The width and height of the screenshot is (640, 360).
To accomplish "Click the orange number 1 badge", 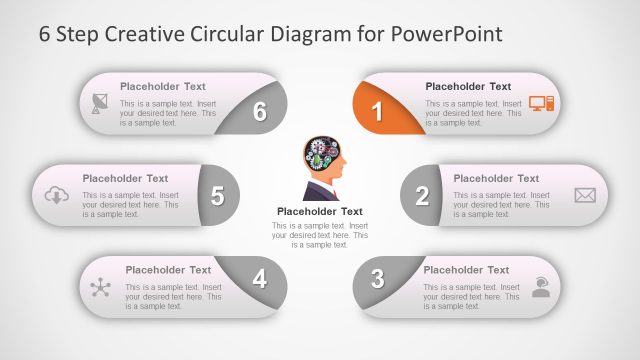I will pos(377,112).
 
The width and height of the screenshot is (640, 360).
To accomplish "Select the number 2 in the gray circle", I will pos(422,196).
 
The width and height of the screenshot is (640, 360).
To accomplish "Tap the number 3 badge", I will pos(377,279).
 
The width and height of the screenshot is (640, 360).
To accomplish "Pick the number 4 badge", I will pos(260,279).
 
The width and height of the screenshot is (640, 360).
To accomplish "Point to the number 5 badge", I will pos(217,196).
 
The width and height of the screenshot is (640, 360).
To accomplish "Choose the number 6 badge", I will pos(260,112).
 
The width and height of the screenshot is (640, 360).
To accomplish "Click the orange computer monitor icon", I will pos(541,103).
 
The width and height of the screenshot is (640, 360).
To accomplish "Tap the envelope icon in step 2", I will pos(585,195).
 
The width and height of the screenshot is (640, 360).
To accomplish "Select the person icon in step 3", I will pos(541,289).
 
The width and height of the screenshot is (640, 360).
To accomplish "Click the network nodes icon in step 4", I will pos(100,288).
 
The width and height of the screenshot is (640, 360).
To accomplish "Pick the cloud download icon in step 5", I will pos(55,195).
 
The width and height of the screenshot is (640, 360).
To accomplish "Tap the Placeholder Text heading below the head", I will pos(319,212).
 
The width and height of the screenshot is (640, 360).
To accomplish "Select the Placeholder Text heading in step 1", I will pos(468,87).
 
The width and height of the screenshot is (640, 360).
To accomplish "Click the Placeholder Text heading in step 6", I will pos(163,87).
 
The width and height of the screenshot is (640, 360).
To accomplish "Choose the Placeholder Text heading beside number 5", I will pos(125,179).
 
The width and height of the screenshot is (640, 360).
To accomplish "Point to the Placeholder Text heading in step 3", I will pos(466,270).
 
